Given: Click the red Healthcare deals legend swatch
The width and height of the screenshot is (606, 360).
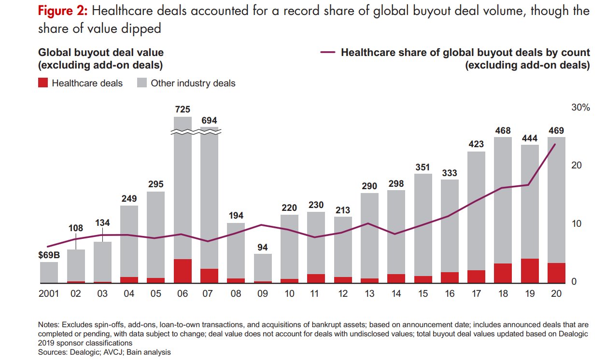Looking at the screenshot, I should pyautogui.click(x=43, y=83).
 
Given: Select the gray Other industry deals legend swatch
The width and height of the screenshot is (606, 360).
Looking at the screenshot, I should pyautogui.click(x=142, y=83).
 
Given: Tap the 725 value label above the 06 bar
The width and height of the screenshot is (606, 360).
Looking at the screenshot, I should pyautogui.click(x=183, y=110).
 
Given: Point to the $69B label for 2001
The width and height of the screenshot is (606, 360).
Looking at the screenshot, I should pyautogui.click(x=48, y=255).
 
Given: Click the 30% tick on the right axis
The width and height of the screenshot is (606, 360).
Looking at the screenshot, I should pyautogui.click(x=580, y=108).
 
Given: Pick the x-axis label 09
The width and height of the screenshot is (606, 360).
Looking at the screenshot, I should pyautogui.click(x=263, y=293).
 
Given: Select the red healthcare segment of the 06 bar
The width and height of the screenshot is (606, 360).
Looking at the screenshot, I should pyautogui.click(x=183, y=271).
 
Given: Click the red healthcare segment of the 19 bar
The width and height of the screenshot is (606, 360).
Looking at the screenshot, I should pyautogui.click(x=530, y=271).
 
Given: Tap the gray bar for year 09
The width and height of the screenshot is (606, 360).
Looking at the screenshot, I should pyautogui.click(x=263, y=267).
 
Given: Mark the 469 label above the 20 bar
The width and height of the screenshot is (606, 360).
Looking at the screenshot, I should pyautogui.click(x=556, y=131).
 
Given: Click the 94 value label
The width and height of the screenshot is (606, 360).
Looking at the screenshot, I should pyautogui.click(x=263, y=247).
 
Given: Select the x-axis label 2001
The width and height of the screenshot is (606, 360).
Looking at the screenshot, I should pyautogui.click(x=48, y=293).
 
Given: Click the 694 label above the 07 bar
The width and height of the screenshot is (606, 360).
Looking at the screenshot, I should pyautogui.click(x=209, y=121).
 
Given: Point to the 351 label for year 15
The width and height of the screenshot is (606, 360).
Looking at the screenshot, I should pyautogui.click(x=423, y=167).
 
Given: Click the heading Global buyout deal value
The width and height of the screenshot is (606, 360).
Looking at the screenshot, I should pyautogui.click(x=100, y=53).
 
